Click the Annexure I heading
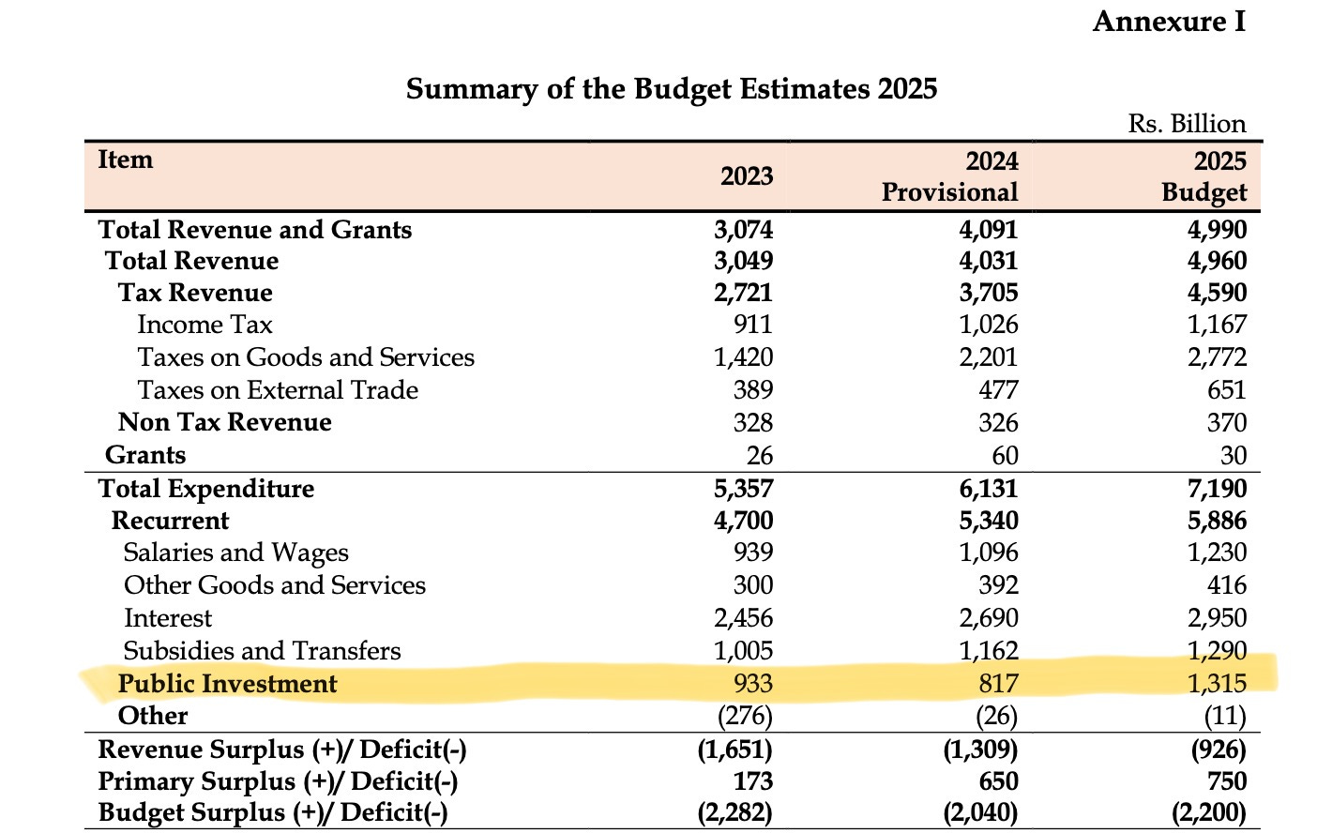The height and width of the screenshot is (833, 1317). tap(1169, 22)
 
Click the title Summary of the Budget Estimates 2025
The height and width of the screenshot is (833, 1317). tap(671, 89)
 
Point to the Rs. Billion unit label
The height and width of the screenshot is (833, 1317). tap(1187, 124)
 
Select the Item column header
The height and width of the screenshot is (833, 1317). tap(125, 159)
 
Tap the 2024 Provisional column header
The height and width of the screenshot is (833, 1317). tap(949, 176)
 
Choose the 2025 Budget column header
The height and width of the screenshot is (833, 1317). tap(1204, 176)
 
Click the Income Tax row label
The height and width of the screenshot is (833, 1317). tap(204, 325)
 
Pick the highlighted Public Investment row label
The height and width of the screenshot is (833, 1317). tap(227, 684)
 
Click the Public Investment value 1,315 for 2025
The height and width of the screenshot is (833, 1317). tap(1217, 684)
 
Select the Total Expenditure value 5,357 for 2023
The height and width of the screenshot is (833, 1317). tap(743, 489)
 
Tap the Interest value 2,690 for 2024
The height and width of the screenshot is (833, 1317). tap(988, 618)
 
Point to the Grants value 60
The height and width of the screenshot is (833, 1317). tap(1005, 456)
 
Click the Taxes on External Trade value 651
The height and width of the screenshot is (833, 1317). tap(1226, 390)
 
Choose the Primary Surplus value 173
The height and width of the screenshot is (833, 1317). tap(752, 781)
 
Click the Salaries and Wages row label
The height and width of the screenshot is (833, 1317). tap(235, 553)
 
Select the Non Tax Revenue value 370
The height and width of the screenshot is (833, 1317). tap(1226, 423)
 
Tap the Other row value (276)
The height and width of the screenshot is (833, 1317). tap(745, 717)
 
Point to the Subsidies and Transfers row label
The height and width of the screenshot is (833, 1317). tap(262, 651)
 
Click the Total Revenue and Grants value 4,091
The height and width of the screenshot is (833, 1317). tap(988, 230)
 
